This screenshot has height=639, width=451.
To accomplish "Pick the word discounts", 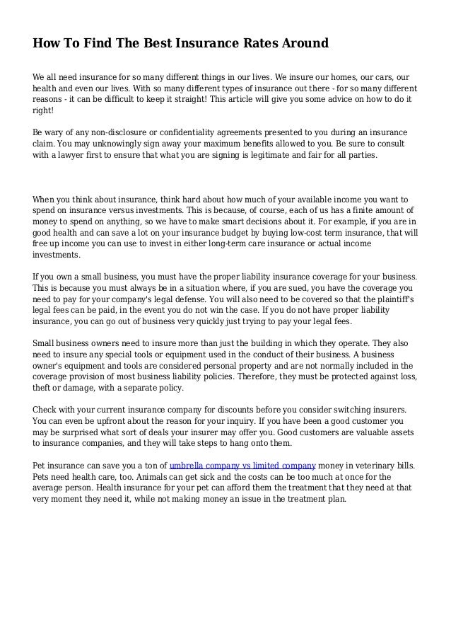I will pyautogui.click(x=215, y=410).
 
